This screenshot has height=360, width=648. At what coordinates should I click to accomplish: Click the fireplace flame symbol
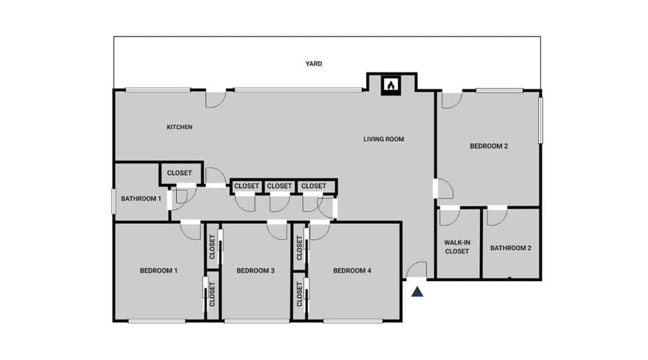coord(391,86)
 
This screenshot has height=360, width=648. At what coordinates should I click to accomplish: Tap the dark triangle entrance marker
coord(418,292)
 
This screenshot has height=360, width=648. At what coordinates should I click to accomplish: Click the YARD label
coord(313,64)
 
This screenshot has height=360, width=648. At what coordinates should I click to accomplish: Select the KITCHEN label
coord(180,127)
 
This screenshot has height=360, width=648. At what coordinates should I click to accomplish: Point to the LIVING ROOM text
coord(383,140)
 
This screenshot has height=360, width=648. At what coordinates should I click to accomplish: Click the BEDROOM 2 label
coord(489,146)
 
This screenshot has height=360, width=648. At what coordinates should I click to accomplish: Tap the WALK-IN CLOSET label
coord(457,247)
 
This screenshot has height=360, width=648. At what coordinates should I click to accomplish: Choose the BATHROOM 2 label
coord(510,248)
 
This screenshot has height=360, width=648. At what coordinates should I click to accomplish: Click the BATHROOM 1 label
coord(140,199)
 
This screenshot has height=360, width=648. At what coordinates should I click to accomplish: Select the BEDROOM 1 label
coord(159,271)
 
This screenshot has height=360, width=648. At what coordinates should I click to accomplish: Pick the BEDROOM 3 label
coord(255,271)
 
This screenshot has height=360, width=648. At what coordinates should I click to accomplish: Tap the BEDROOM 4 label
coord(352,271)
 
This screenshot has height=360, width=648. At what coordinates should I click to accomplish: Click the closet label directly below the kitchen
coord(180,173)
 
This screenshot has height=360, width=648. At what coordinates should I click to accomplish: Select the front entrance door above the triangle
coord(416,270)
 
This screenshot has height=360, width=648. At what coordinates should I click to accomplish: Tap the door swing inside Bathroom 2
coord(497,216)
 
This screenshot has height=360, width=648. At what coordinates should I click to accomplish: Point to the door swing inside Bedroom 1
coord(191,231)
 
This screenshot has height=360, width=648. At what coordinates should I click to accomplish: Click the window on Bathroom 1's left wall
coord(113,201)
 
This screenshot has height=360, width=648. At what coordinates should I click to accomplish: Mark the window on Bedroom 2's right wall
coord(540,120)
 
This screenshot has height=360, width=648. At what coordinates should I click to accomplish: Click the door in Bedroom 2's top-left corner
coord(451,99)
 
